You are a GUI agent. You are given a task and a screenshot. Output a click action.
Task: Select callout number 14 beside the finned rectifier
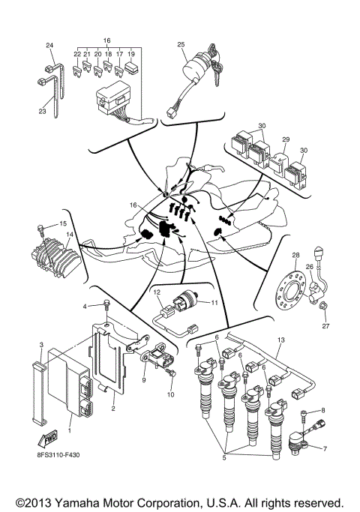click(69, 235)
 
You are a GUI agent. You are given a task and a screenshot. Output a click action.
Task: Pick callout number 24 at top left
click(49, 46)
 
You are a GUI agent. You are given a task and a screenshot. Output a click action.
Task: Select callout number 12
click(157, 291)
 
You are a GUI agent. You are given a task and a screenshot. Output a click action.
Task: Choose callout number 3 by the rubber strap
click(41, 344)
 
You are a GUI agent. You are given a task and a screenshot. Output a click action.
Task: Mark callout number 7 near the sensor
click(324, 448)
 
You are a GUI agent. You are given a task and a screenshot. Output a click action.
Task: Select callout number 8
click(323, 410)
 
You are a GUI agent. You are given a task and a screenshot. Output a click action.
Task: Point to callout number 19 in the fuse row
click(131, 55)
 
